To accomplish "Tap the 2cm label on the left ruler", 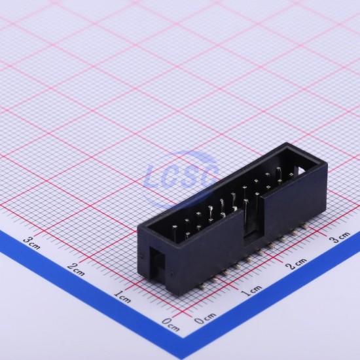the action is pos(77,269).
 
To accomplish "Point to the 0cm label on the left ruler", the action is pos(171,324).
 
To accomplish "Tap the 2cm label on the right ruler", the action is pos(297,264).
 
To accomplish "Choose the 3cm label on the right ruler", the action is pos(340,237).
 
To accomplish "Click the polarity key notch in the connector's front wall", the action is pos(253,221).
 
